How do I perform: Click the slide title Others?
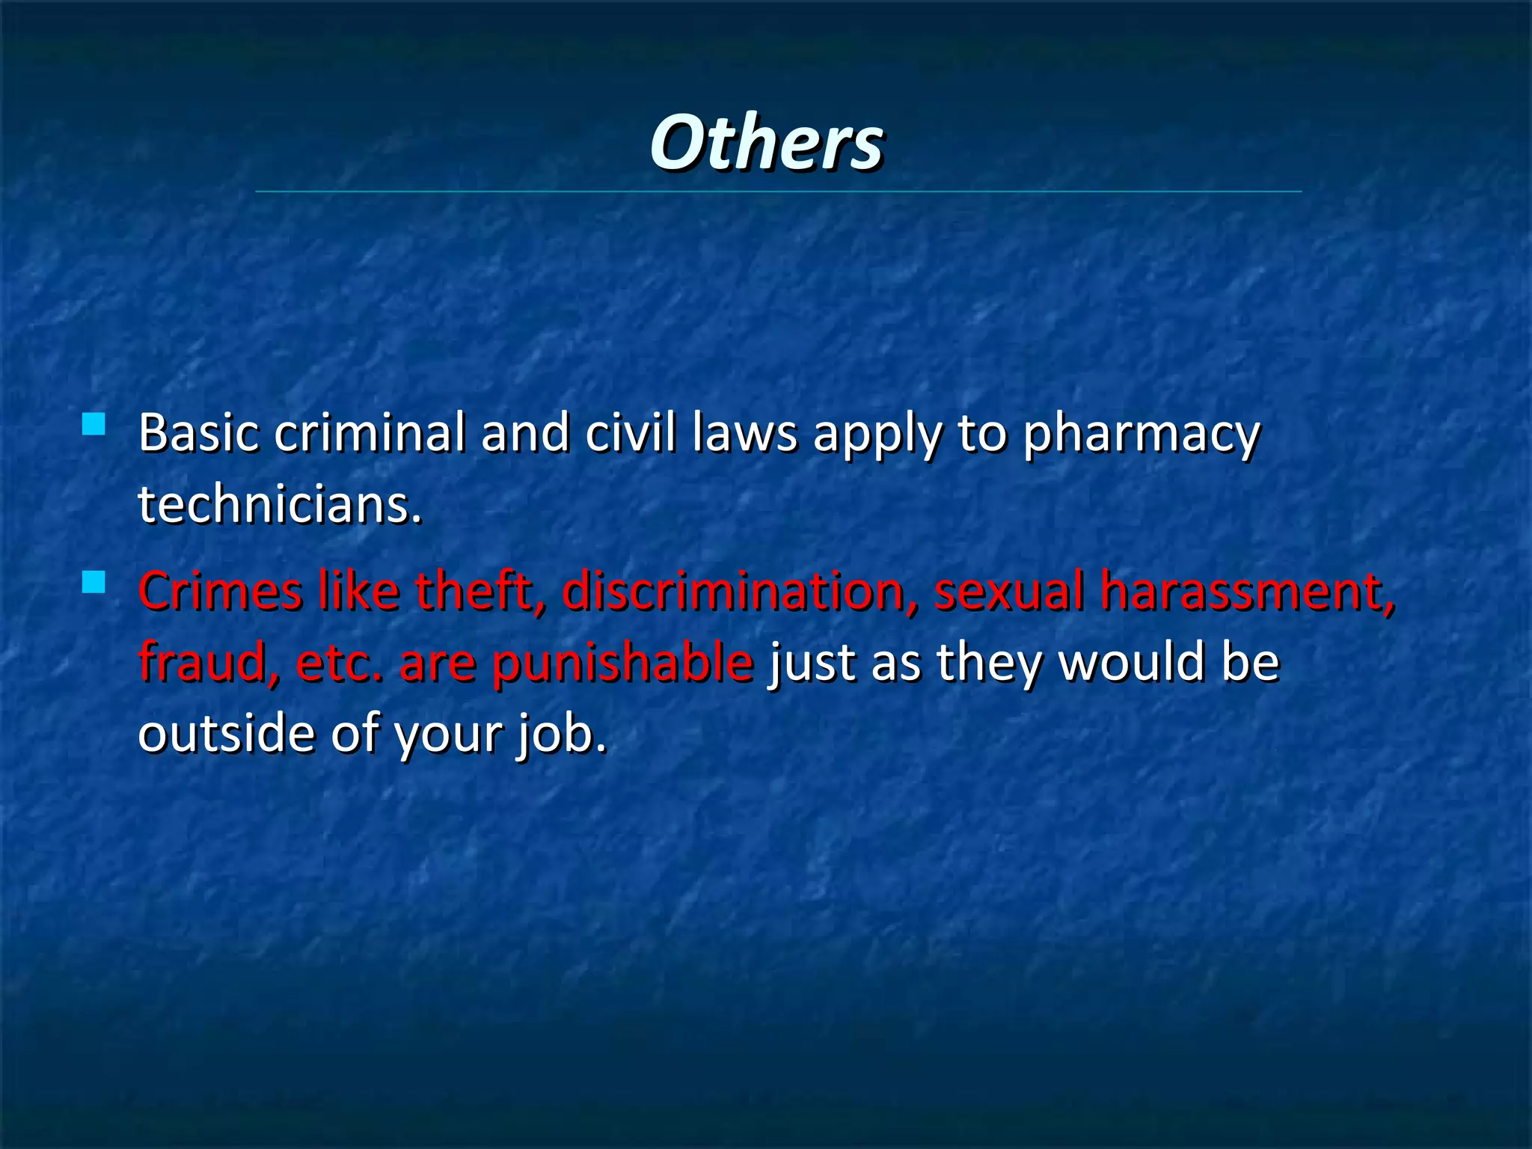[x=766, y=142]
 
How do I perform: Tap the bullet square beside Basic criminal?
[x=94, y=425]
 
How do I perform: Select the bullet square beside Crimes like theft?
[x=94, y=582]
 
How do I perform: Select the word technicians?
[x=279, y=503]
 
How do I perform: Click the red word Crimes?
[x=220, y=590]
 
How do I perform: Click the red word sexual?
[x=1008, y=590]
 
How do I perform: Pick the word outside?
[x=227, y=732]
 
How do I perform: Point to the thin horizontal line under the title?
[x=778, y=191]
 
